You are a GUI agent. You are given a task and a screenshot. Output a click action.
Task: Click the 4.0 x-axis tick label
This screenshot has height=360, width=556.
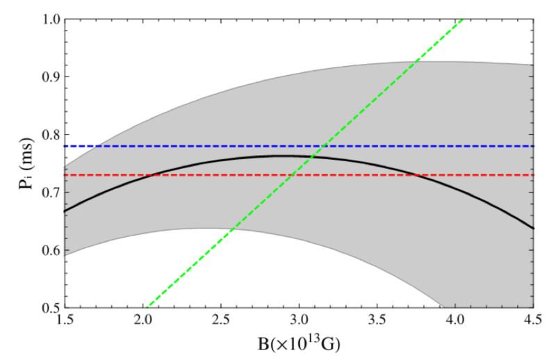point(455,322)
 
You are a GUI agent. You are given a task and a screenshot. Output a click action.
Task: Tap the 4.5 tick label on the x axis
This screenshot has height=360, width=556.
point(533,322)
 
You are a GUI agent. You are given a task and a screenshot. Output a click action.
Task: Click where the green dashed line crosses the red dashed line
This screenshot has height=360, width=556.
point(300,174)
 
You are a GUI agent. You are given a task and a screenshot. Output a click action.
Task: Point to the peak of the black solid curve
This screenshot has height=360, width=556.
point(284,156)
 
